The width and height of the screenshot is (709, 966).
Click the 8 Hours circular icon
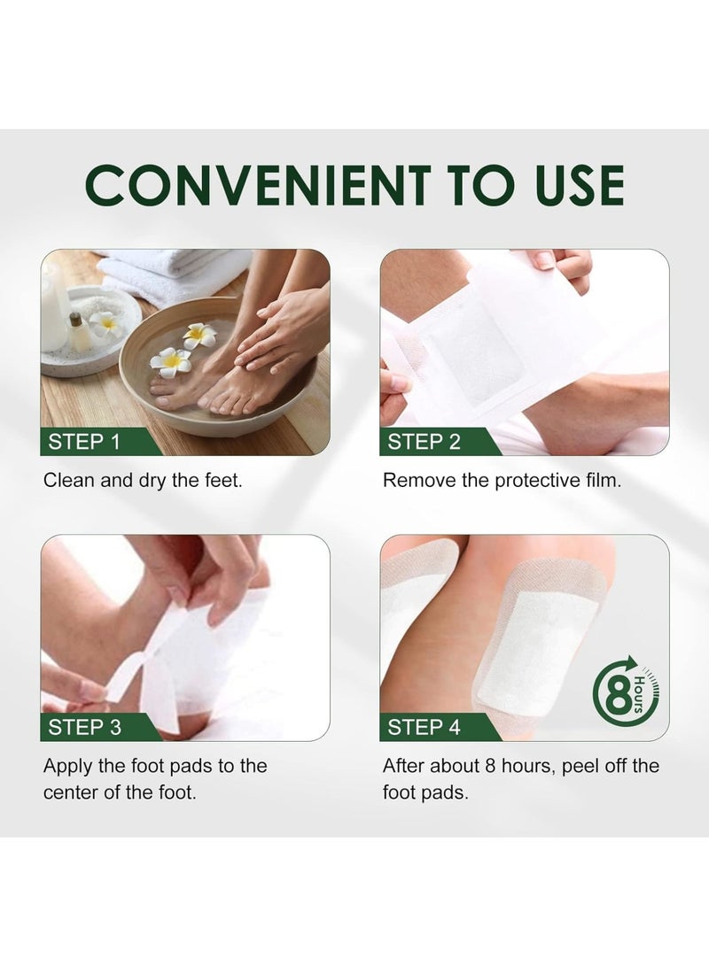pyautogui.click(x=624, y=692)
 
